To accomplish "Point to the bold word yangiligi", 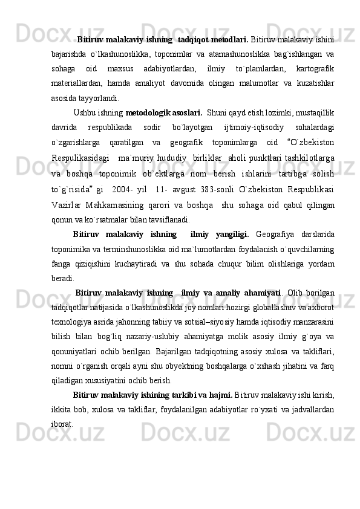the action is (218, 234).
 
